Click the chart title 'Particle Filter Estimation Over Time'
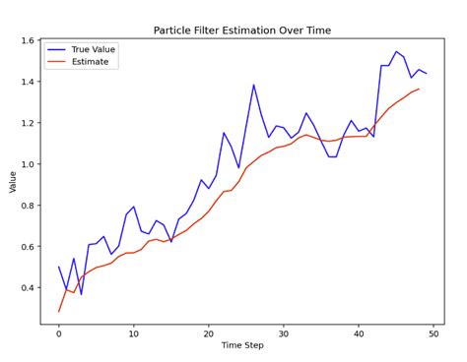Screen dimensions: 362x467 click(x=241, y=30)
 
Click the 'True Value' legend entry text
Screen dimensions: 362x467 click(x=95, y=48)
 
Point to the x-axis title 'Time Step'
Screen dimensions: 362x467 click(x=241, y=347)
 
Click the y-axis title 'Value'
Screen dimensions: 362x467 click(x=13, y=181)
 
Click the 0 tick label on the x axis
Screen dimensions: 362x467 click(x=58, y=333)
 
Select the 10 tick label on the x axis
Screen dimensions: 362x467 click(x=133, y=333)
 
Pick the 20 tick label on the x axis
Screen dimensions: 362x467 click(x=208, y=333)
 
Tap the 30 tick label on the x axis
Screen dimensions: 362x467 click(x=283, y=333)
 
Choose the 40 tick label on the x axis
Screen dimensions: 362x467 click(x=358, y=333)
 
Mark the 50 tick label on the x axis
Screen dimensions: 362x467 click(x=433, y=333)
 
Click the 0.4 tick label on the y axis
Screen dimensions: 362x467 click(x=26, y=287)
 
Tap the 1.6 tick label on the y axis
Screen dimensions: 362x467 click(x=26, y=41)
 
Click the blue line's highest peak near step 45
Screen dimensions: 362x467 click(x=396, y=52)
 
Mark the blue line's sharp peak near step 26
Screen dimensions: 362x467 click(x=253, y=85)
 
